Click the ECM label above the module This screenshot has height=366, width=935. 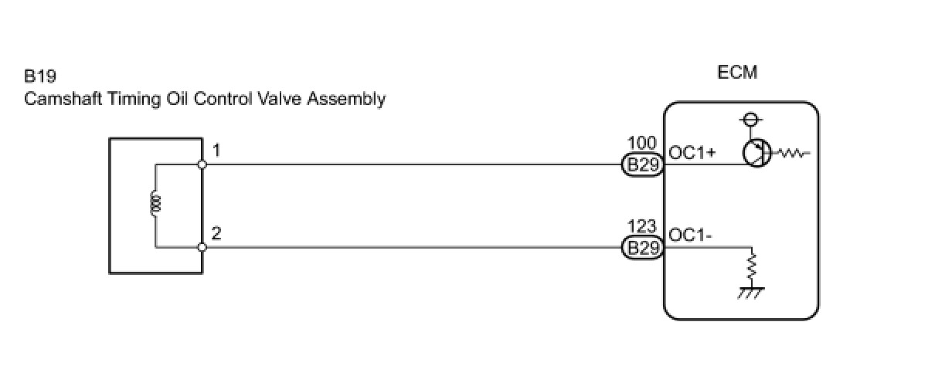coord(737,73)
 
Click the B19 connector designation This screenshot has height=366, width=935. coord(40,77)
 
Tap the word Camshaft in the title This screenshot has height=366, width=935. coord(56,99)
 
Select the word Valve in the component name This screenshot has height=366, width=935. coord(281,99)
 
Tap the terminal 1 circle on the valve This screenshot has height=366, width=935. coord(202,164)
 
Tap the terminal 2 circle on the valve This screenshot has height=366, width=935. coord(202,247)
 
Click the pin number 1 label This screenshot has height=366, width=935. coord(216,151)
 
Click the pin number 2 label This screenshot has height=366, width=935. coord(216,232)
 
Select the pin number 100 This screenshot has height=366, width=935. coord(642,144)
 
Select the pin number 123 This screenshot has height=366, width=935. coord(642,227)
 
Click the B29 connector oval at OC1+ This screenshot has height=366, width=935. coord(642,165)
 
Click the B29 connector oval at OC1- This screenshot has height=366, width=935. coord(642,248)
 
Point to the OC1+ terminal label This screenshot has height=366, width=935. coord(692,153)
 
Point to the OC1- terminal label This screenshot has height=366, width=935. coord(691,236)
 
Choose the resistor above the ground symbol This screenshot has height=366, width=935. coord(750,267)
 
